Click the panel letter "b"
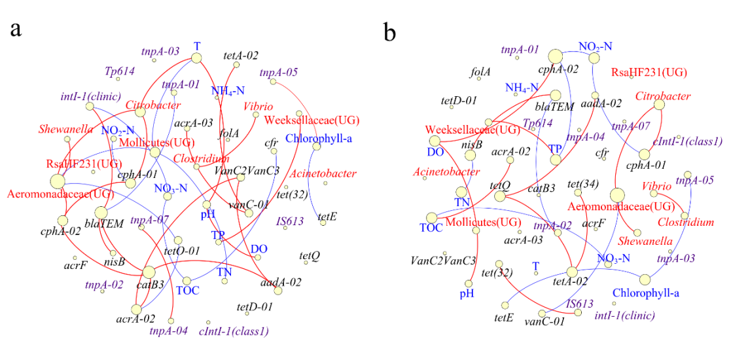pos(390,32)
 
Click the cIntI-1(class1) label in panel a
pos(234,331)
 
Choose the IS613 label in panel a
pos(290,221)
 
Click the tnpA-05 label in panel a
pos(279,73)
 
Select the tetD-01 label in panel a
pos(255,306)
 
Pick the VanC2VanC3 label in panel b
pos(443,261)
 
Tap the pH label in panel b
pos(466,293)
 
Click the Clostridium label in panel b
pos(686,222)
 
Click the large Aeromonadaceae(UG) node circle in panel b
pos(616,194)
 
